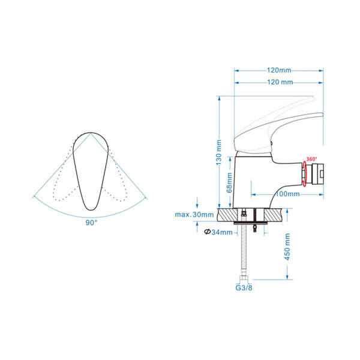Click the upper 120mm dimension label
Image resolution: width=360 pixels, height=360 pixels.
279,70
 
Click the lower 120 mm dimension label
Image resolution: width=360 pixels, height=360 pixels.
280,82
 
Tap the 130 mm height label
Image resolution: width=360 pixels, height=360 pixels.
219,152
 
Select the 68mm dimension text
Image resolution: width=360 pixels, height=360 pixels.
229,183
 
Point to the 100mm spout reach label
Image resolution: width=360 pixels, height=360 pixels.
287,194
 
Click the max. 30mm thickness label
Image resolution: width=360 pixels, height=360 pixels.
194,215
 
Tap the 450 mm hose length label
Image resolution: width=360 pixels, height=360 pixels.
287,247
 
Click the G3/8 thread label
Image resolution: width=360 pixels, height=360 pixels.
244,287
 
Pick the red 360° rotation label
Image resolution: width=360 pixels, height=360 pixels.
311,159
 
